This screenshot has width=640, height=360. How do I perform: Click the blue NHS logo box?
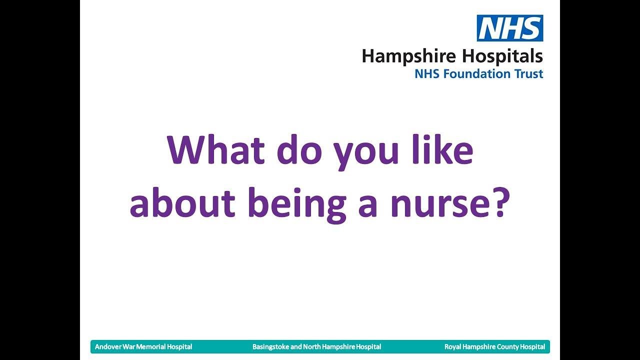point(509,28)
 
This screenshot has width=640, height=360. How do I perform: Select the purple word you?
point(367,153)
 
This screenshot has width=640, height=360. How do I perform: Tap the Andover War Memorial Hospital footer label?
point(143,346)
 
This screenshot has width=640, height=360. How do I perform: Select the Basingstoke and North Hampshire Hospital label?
point(316,346)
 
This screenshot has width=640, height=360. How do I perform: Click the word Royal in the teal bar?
point(452,346)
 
